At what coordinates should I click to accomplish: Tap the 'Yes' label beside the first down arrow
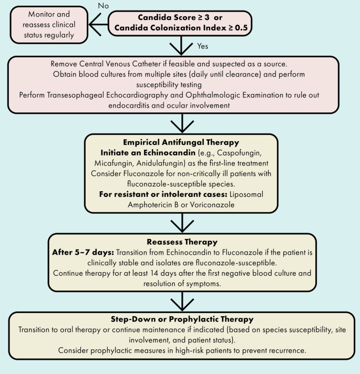tap(203, 46)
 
